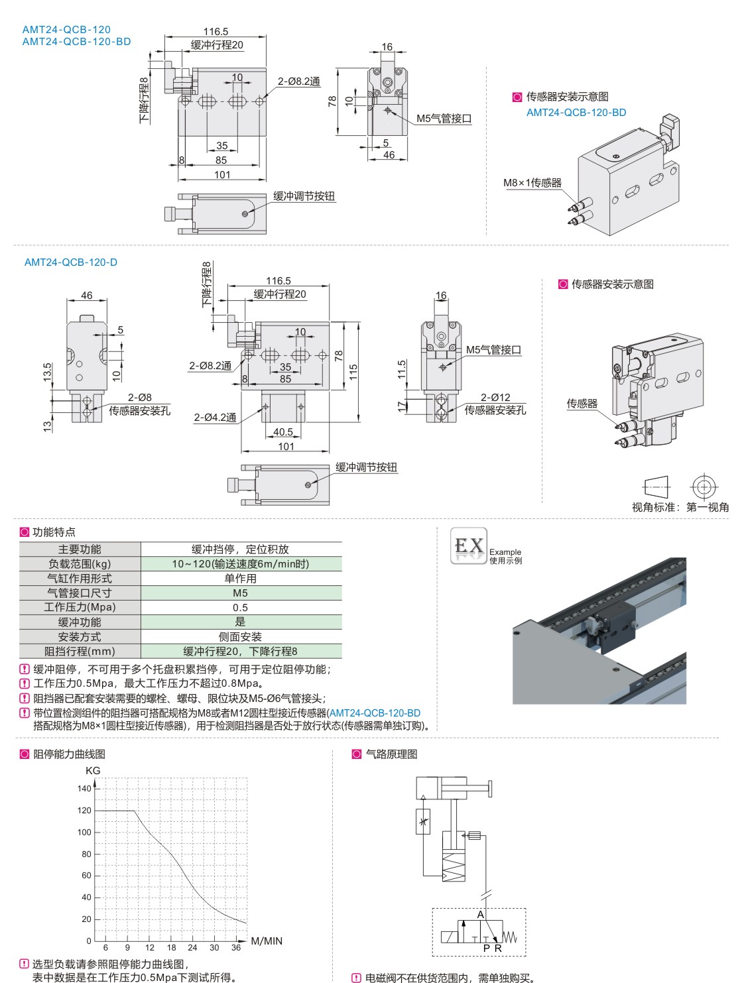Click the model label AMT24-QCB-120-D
click(71, 262)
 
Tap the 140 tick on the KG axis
click(84, 788)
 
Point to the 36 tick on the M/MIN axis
click(236, 947)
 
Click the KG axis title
click(93, 770)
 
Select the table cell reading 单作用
click(241, 578)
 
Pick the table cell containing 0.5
click(241, 607)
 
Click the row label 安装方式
click(80, 636)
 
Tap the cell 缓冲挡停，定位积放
click(241, 549)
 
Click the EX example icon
click(469, 546)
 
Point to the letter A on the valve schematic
click(481, 914)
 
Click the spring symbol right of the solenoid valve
click(510, 937)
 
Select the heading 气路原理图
click(391, 754)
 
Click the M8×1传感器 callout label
click(532, 183)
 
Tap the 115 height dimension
click(353, 372)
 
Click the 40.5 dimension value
click(282, 432)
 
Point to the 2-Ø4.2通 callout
click(215, 418)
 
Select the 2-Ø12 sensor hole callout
click(495, 397)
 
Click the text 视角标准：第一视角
click(680, 507)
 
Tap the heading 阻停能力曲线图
click(69, 754)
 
